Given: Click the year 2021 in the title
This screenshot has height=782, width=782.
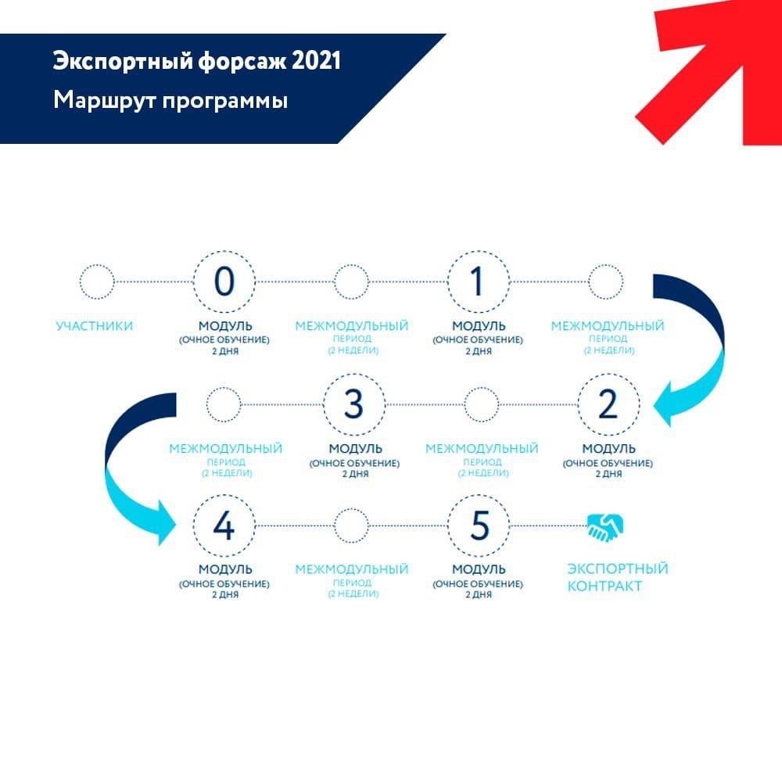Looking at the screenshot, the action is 316,61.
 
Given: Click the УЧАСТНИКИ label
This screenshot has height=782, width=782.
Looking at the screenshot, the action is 95,326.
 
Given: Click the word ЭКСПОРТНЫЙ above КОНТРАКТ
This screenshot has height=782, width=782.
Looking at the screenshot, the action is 618,569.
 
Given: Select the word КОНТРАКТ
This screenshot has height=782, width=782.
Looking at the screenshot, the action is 604,586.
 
